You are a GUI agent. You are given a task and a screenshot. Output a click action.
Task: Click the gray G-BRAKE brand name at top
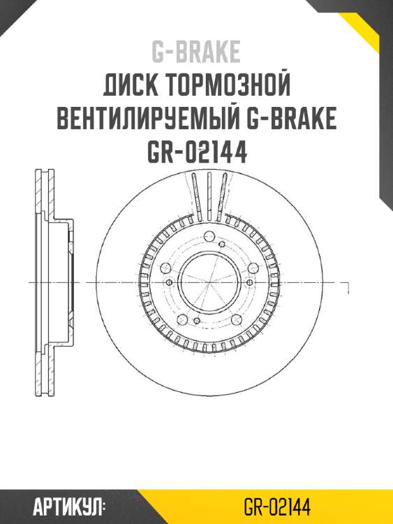[x=196, y=52]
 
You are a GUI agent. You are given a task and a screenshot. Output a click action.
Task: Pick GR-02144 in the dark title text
[x=196, y=152]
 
